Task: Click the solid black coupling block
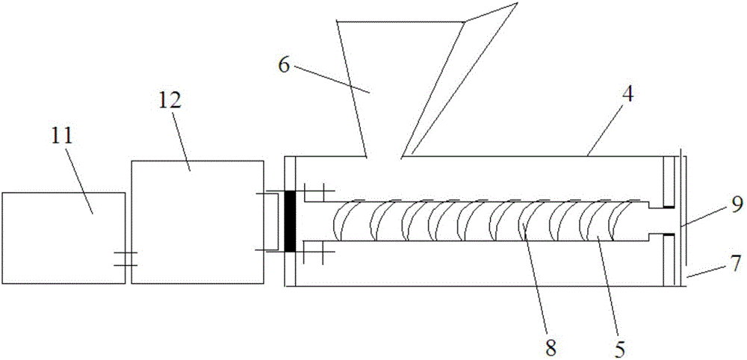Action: click(290, 221)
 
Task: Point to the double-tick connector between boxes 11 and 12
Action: click(125, 260)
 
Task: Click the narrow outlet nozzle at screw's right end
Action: click(656, 221)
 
